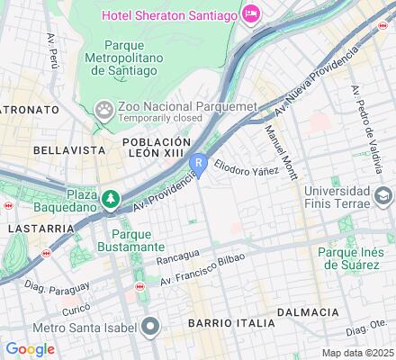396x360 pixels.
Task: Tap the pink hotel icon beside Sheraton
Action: [x=250, y=13]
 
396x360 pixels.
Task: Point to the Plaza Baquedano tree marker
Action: [x=111, y=198]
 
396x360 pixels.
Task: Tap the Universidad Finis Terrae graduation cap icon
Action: [x=382, y=196]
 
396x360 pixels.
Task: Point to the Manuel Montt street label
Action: [x=281, y=149]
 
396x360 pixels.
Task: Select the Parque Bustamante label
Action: [x=131, y=239]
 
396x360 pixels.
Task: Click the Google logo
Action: [x=30, y=349]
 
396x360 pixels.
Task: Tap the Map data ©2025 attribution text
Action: [x=358, y=353]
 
